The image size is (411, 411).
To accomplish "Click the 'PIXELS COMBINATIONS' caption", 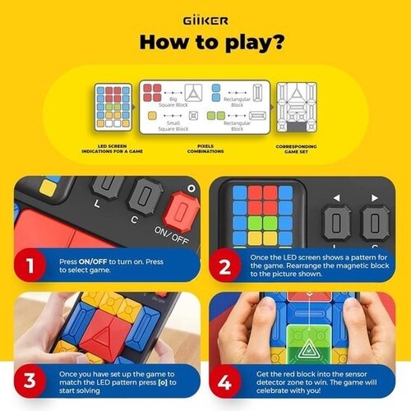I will pos(205,149).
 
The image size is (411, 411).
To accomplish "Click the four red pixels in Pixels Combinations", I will pos(154,93).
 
